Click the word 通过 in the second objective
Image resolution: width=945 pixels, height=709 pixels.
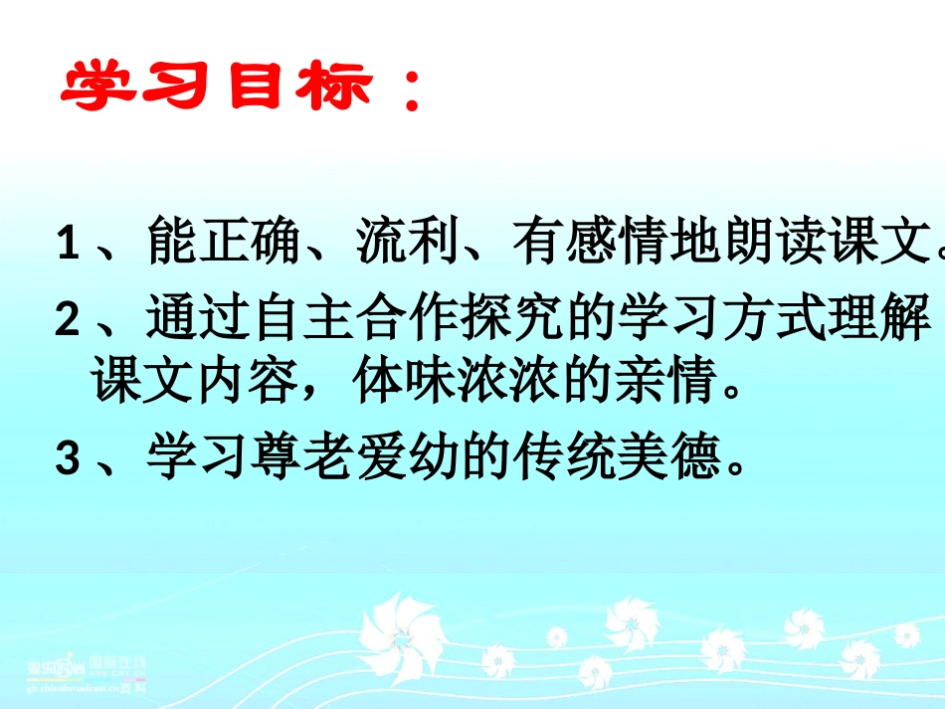[x=196, y=320]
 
